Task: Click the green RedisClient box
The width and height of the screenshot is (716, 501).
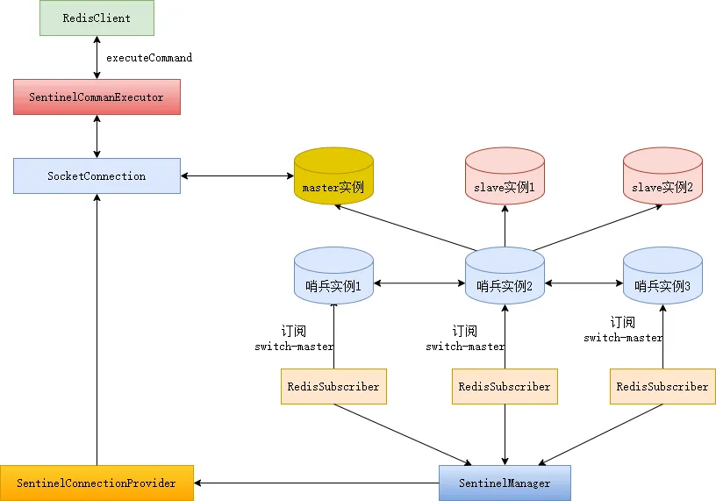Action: click(x=97, y=18)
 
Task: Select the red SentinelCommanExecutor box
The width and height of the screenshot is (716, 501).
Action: click(x=97, y=97)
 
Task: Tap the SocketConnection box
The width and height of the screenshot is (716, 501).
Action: click(x=97, y=175)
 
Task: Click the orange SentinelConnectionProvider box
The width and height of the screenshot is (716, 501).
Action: click(x=97, y=483)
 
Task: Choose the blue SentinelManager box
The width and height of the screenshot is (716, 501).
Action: click(x=505, y=483)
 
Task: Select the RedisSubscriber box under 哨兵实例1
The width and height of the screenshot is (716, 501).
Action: click(x=333, y=386)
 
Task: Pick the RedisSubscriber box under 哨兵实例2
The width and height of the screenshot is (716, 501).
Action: click(x=505, y=386)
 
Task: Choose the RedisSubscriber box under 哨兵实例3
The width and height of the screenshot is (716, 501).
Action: click(x=662, y=386)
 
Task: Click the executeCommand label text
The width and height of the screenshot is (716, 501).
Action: click(x=149, y=58)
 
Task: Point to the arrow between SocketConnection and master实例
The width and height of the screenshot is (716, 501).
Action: click(x=237, y=176)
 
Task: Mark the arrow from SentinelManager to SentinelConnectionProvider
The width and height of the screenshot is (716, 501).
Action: click(x=316, y=483)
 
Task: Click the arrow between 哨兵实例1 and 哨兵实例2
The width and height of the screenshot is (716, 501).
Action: click(x=419, y=283)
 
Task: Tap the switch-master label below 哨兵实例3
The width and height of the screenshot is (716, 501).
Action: click(x=624, y=338)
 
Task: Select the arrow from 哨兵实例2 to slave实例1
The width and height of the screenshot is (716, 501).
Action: click(x=505, y=226)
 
